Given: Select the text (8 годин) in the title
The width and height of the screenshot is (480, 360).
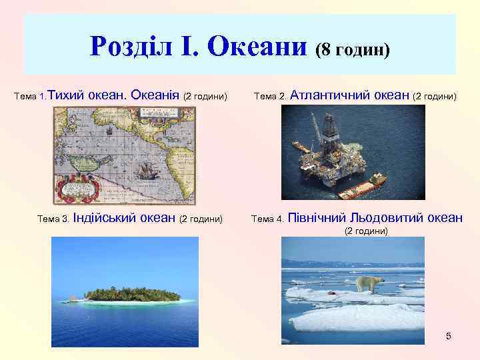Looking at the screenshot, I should (353, 49).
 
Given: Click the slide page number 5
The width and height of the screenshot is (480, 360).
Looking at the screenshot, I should (449, 336).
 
